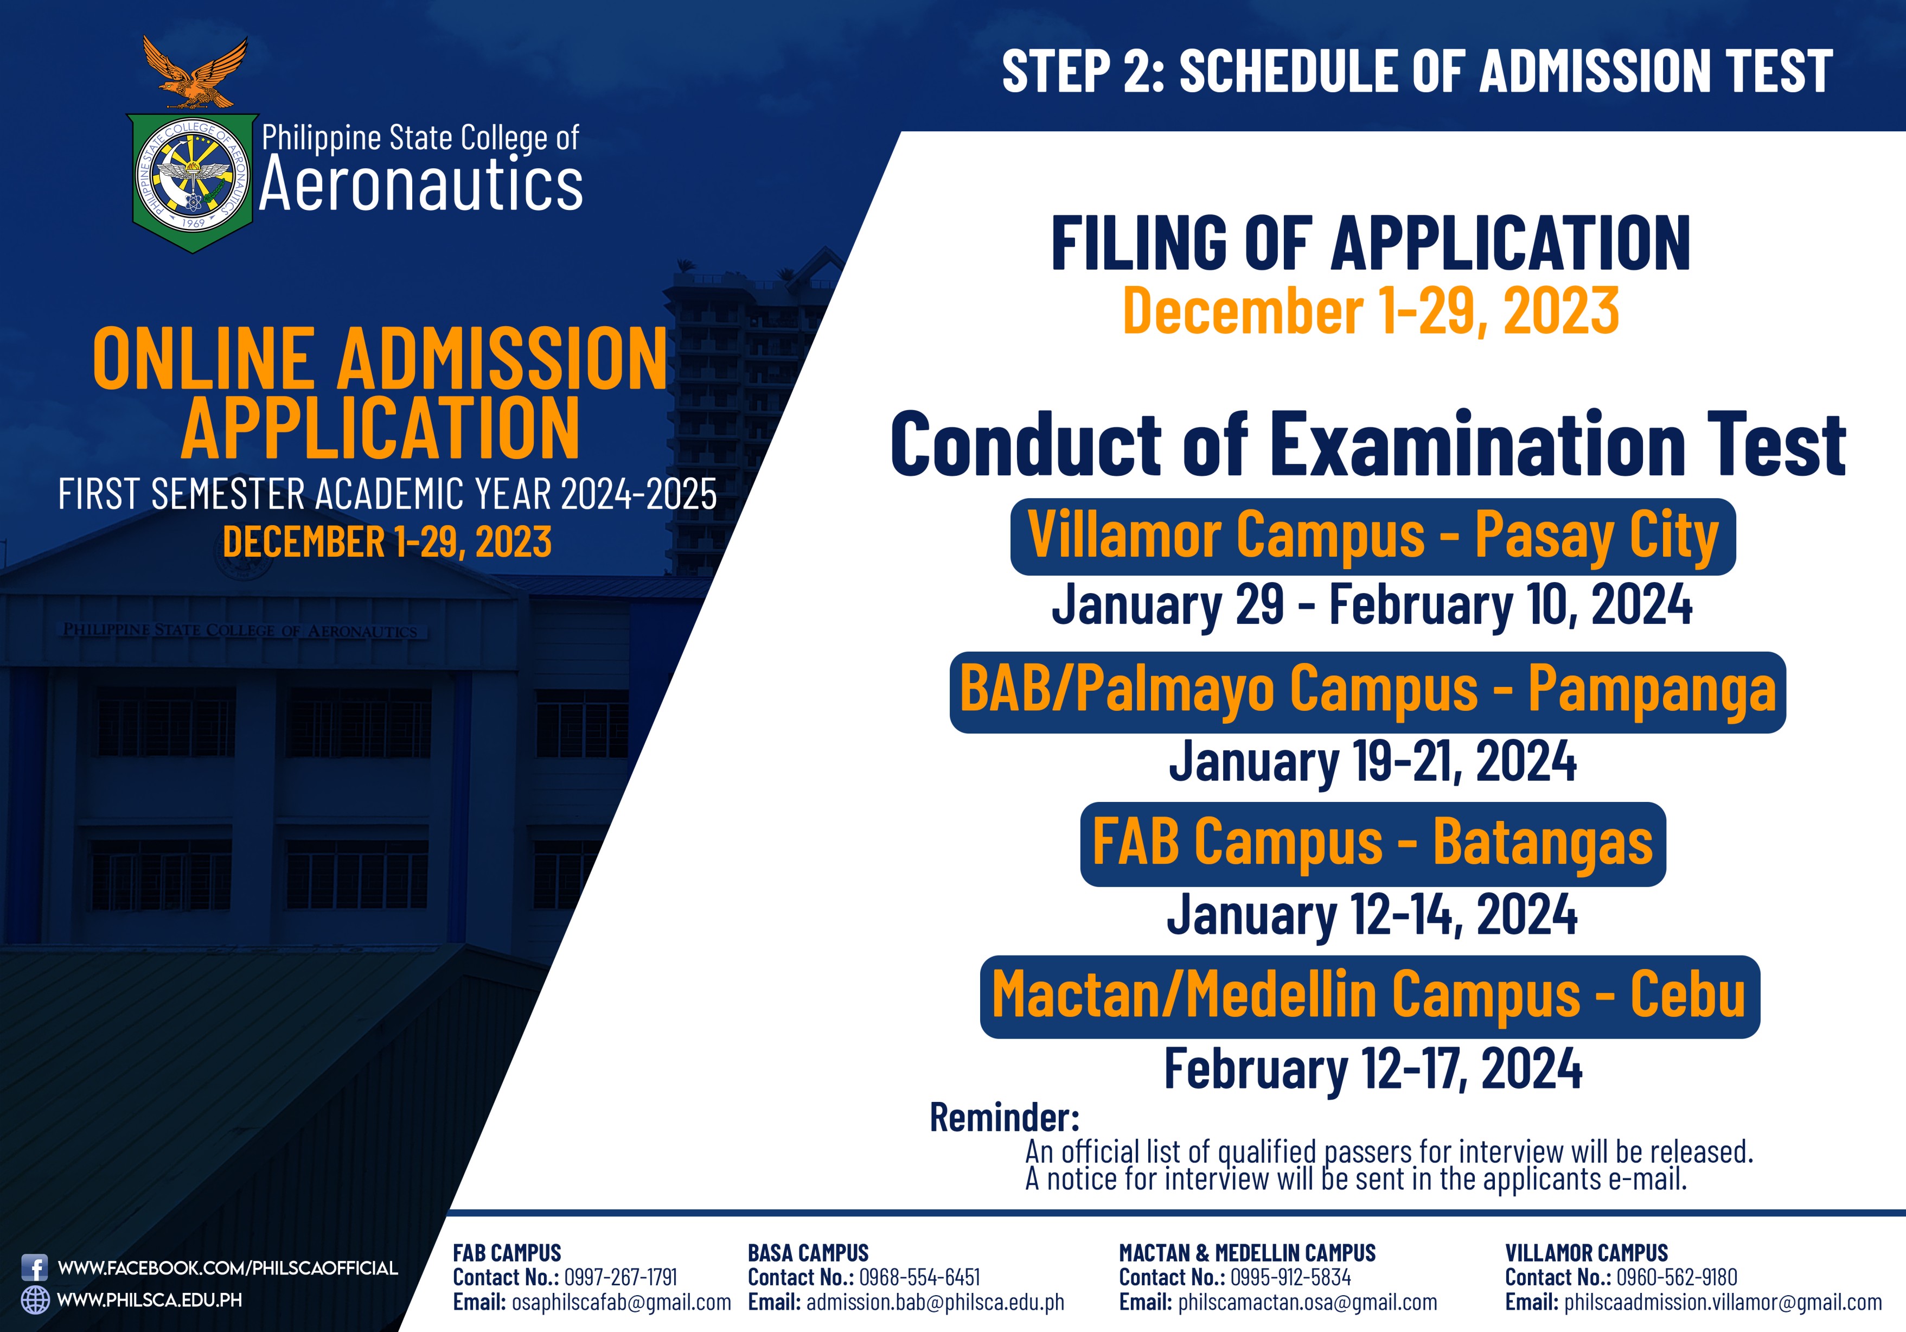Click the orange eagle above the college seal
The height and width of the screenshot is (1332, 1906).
tap(195, 73)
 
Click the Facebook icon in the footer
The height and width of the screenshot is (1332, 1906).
tap(34, 1268)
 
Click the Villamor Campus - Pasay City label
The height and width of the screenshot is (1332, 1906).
tap(1372, 537)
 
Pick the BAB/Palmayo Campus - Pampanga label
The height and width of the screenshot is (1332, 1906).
tap(1367, 692)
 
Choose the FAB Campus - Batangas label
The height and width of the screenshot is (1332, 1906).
tap(1372, 844)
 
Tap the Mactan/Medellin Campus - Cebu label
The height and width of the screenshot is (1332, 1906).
tap(1370, 997)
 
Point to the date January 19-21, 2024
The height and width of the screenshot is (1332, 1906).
tap(1372, 762)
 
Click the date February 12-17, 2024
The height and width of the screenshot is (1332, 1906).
tap(1373, 1069)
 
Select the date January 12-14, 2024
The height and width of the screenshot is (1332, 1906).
tap(1372, 915)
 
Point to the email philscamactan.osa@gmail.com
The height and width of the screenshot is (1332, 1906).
tap(1308, 1302)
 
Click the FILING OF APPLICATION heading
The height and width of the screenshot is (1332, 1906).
tap(1371, 243)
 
